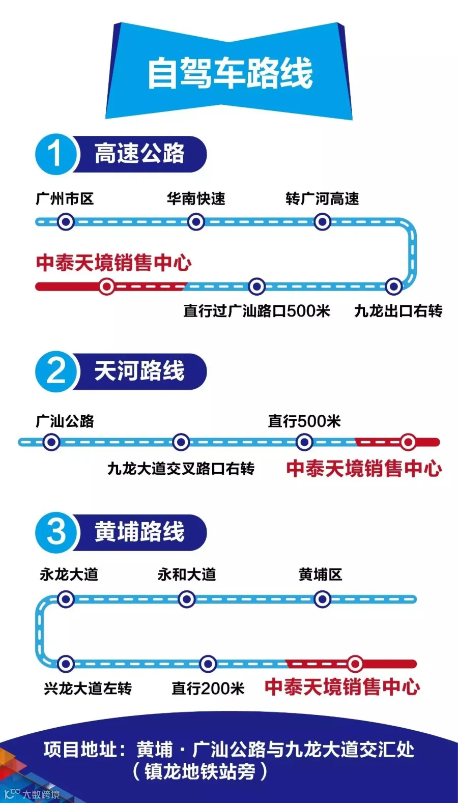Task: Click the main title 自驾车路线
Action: pos(230,73)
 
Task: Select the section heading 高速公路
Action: pos(139,154)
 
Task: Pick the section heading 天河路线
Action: pos(139,371)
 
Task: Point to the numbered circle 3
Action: pos(55,532)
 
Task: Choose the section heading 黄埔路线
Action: pos(139,532)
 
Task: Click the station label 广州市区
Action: pos(65,199)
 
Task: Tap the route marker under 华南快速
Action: pos(196,222)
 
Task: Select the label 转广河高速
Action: pos(322,199)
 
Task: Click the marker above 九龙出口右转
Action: pos(393,286)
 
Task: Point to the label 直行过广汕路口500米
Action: pos(256,311)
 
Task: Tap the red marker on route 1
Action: pos(107,286)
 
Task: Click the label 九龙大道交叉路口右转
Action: pos(181,469)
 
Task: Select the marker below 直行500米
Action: pos(304,442)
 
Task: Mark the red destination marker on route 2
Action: pos(408,442)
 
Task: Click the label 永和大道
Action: pos(187,575)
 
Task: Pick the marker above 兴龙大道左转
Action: pos(65,664)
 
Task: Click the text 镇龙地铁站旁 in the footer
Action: pos(199,772)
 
